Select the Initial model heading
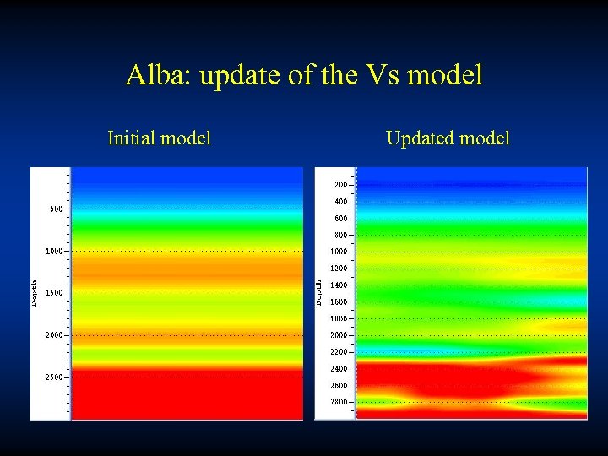tap(160, 138)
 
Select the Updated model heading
tap(448, 138)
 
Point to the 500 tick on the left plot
tap(56, 209)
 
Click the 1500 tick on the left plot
tap(54, 293)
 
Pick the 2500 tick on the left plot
tap(54, 377)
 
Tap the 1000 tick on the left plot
tap(54, 251)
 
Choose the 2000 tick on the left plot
tap(54, 335)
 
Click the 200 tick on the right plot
tap(340, 185)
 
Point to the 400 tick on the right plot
tap(340, 202)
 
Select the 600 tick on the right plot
tap(340, 219)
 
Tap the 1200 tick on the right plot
tap(339, 269)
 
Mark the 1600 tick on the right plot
tap(339, 301)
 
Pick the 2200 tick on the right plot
tap(339, 351)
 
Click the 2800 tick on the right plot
tap(339, 402)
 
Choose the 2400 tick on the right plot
tap(339, 368)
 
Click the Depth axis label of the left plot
tap(35, 293)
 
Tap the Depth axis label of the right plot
tap(319, 293)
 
